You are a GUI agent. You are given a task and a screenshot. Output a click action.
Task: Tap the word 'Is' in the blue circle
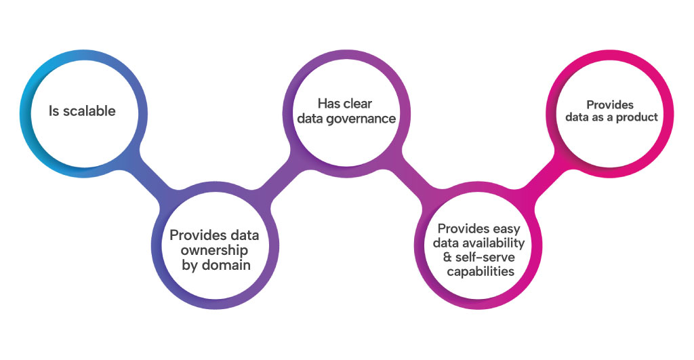(x=54, y=111)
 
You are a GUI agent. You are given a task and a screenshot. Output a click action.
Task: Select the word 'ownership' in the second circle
(x=214, y=250)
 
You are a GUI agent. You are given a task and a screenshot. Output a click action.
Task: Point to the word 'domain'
(x=227, y=265)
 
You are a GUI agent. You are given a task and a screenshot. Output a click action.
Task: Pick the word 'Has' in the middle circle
(x=329, y=104)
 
